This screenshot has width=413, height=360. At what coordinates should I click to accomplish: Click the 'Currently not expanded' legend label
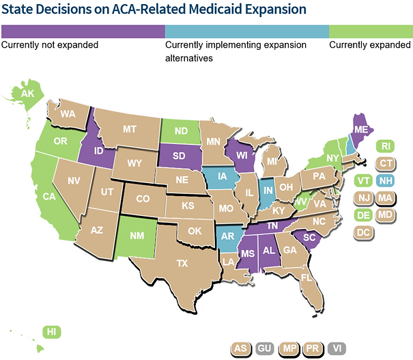coord(50,45)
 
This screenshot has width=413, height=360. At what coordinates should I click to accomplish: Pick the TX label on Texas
coord(182,263)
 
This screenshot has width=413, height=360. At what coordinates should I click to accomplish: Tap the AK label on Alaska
coord(28,94)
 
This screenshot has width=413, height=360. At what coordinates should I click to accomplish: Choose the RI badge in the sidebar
coord(386,146)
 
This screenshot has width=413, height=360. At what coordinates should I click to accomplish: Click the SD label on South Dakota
coord(180,156)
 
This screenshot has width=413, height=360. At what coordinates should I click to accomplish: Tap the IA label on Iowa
coord(223,179)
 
